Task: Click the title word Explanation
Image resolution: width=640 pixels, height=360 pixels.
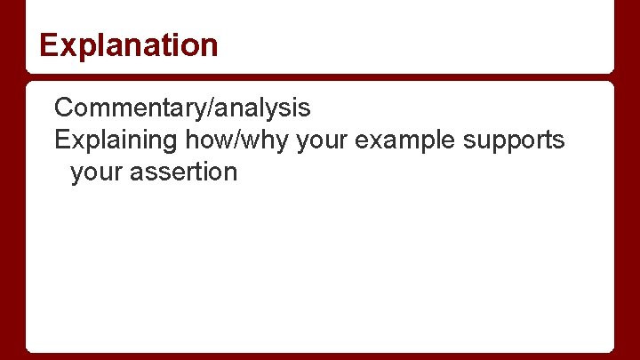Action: [129, 44]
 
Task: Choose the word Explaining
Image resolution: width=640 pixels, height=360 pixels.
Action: [116, 140]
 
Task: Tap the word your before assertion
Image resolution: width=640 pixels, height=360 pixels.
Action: [96, 171]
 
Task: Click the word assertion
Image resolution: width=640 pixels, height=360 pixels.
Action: [183, 171]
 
